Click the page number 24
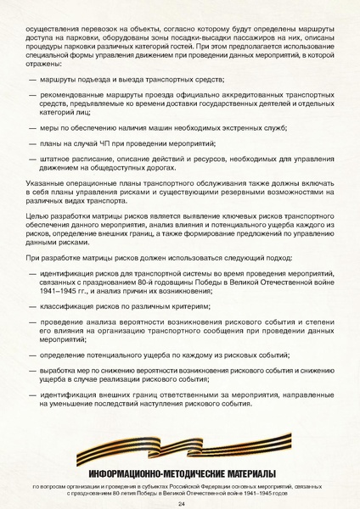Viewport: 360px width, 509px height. (181, 503)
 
